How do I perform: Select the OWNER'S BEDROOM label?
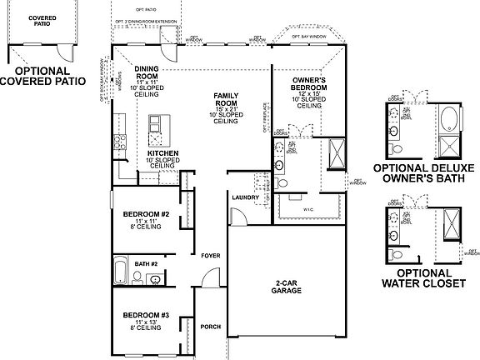308,84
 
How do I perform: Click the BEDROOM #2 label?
147,215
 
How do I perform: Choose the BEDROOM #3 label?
147,315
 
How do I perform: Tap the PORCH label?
210,327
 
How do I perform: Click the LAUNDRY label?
244,197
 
